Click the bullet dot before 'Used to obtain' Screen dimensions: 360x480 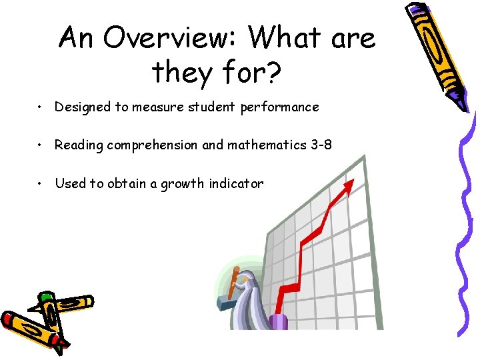click(x=41, y=183)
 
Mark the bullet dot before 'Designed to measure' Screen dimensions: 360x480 click(x=41, y=107)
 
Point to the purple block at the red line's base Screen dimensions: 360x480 click(x=279, y=321)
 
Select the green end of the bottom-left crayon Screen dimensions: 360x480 click(x=45, y=296)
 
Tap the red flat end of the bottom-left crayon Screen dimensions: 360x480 click(x=10, y=319)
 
